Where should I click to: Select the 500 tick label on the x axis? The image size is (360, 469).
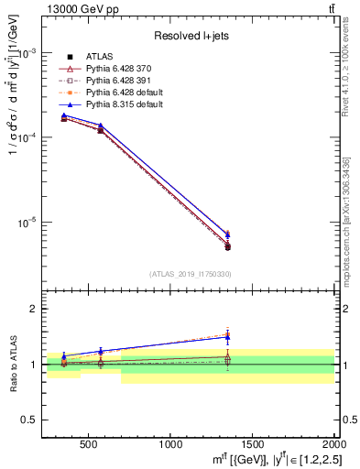[89, 444]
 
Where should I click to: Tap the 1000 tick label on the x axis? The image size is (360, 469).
[170, 444]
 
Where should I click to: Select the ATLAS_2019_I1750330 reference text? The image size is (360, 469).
[190, 274]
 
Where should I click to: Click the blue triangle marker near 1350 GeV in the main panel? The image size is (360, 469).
[227, 234]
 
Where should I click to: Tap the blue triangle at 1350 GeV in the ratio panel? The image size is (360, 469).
[227, 336]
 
